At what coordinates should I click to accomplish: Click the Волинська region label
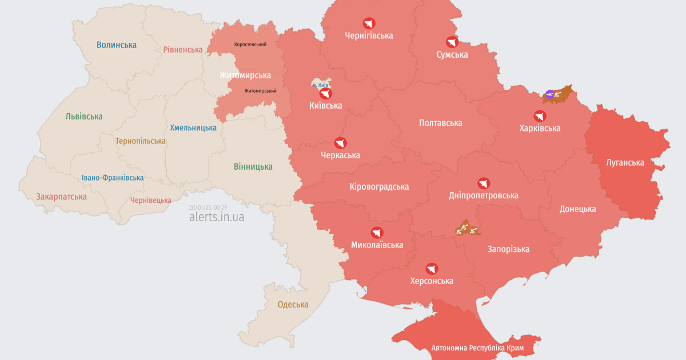(117, 45)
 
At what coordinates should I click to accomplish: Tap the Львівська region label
(84, 117)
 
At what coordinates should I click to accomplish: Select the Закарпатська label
(61, 197)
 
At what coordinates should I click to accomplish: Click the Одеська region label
(293, 305)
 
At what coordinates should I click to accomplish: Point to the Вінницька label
(253, 167)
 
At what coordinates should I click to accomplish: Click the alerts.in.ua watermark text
(217, 217)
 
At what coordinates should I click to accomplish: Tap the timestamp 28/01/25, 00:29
(208, 207)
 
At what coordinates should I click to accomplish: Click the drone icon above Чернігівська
(369, 23)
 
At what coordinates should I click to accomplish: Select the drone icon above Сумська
(452, 42)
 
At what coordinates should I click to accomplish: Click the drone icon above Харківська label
(540, 116)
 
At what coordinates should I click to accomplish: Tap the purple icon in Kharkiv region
(549, 94)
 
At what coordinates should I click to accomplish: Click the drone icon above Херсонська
(432, 269)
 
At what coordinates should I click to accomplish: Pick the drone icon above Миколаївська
(377, 233)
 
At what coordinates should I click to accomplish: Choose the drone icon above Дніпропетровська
(484, 183)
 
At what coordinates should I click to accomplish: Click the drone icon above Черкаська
(341, 143)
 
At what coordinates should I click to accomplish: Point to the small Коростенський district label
(250, 45)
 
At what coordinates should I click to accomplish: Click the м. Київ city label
(320, 85)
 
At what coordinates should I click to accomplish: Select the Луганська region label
(625, 163)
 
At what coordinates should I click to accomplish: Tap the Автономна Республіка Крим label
(478, 347)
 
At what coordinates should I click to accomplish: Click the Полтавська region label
(440, 123)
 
